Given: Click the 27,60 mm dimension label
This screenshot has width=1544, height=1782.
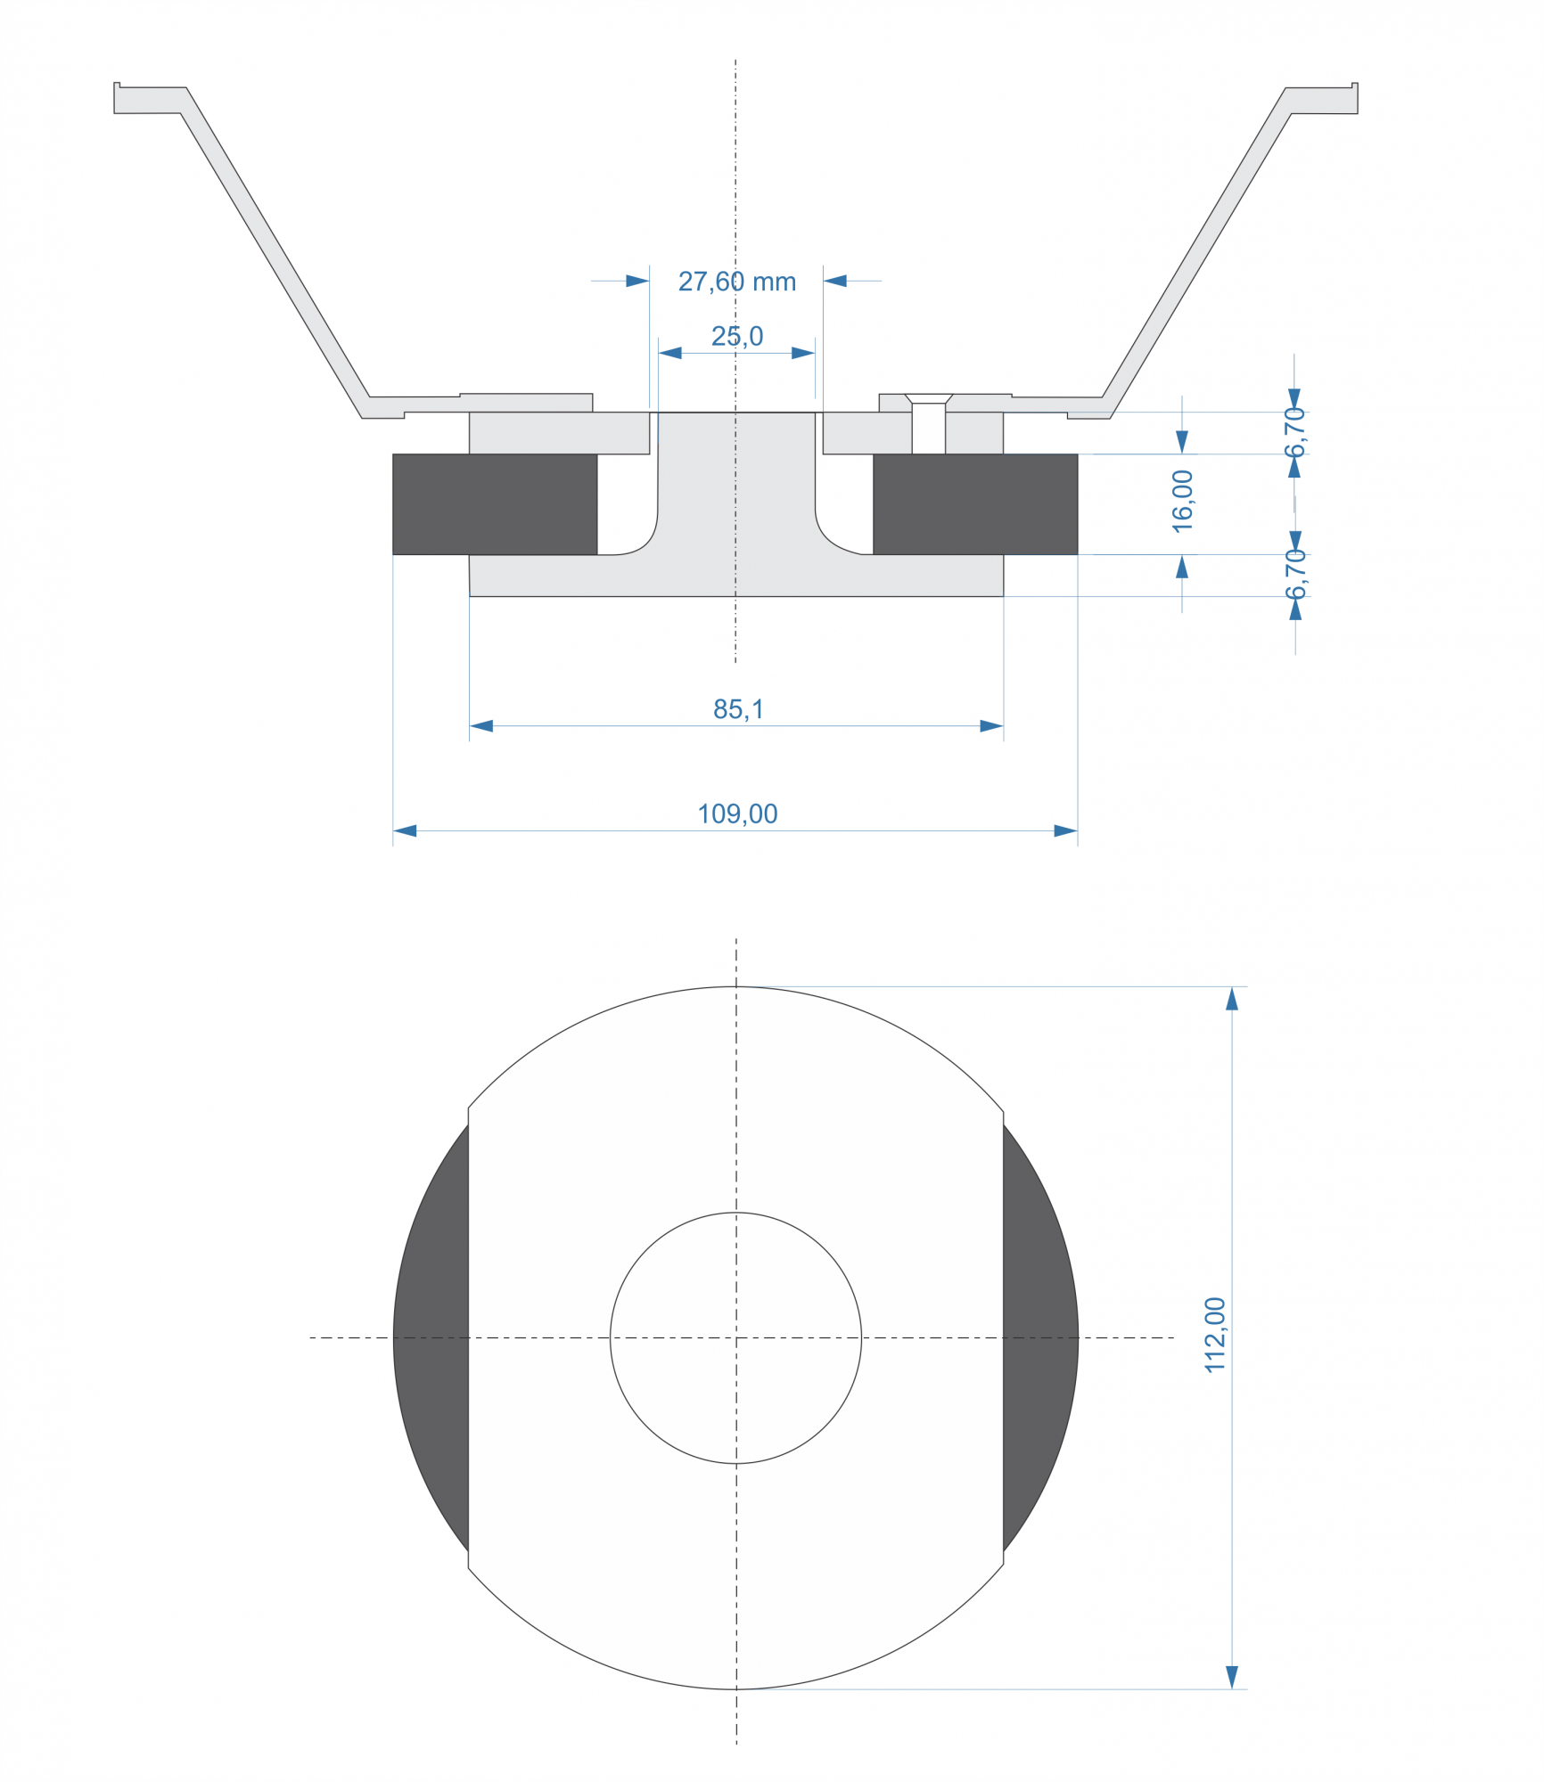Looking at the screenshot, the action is [x=736, y=282].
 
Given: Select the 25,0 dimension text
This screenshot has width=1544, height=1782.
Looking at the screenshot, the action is [x=737, y=336].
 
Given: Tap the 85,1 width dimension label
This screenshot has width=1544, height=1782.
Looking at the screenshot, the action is [x=738, y=709].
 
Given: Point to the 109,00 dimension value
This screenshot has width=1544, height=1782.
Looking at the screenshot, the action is [x=737, y=813].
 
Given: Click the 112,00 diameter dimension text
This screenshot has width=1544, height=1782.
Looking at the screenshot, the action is [x=1215, y=1335].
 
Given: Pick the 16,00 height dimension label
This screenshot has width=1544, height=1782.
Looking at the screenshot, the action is [x=1182, y=502].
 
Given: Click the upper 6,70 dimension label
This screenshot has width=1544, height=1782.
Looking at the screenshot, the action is [x=1295, y=432].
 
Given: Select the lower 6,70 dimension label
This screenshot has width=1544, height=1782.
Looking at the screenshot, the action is [x=1295, y=575].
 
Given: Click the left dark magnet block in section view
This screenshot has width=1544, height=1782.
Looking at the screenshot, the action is [x=495, y=504].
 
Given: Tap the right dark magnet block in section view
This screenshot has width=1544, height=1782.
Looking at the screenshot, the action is [x=975, y=504].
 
